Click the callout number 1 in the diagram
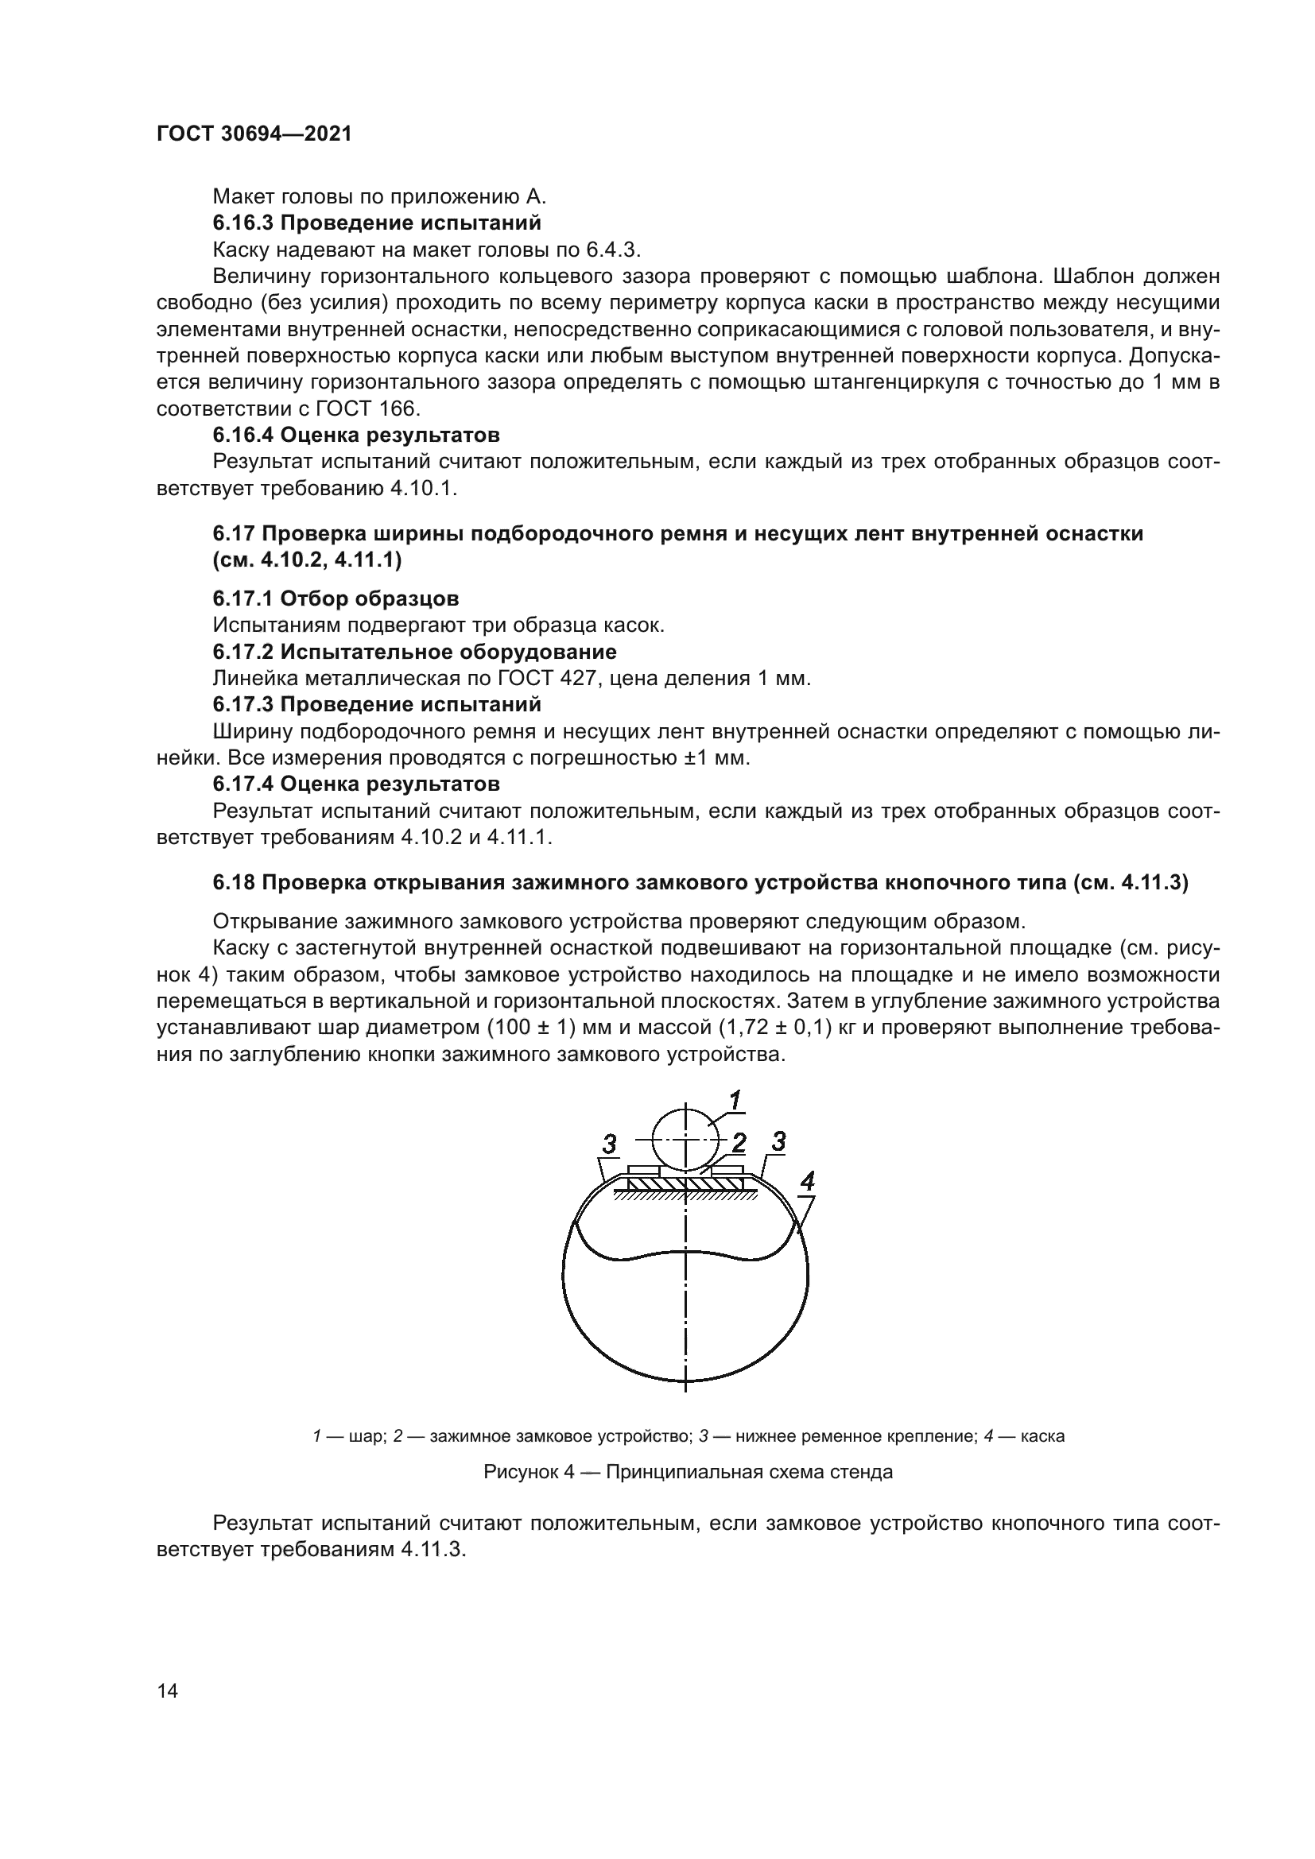point(735,1101)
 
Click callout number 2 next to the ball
point(739,1143)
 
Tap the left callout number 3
point(609,1144)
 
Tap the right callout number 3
point(778,1141)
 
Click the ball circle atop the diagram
point(685,1138)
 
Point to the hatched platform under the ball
point(685,1184)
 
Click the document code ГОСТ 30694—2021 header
point(254,134)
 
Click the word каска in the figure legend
point(1042,1436)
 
